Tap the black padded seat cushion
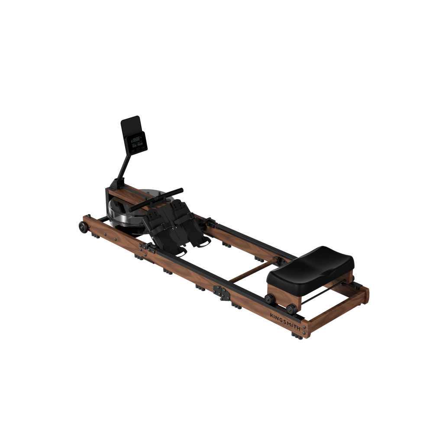point(310,263)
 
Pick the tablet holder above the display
point(130,126)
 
